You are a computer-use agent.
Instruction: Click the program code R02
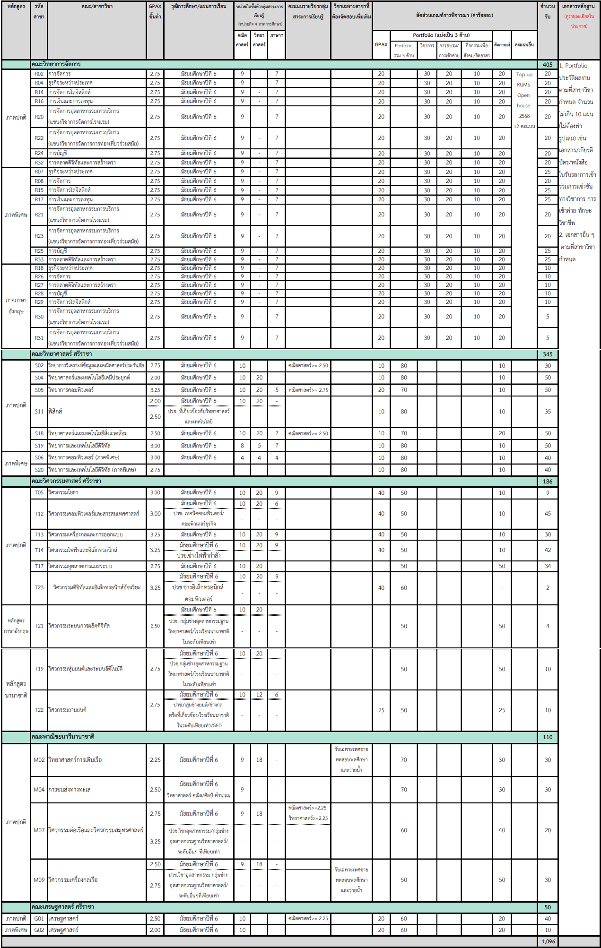(39, 74)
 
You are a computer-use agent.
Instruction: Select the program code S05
(39, 390)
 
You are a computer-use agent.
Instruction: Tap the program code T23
(39, 587)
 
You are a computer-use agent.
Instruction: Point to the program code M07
(39, 830)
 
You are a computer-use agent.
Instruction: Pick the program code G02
(39, 930)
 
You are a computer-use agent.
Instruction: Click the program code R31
(39, 338)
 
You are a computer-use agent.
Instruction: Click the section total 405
(548, 64)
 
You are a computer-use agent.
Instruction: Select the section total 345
(548, 354)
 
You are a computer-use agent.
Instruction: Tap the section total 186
(548, 481)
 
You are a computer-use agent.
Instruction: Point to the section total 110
(548, 737)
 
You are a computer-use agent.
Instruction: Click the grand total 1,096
(548, 941)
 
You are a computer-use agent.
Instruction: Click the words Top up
(524, 75)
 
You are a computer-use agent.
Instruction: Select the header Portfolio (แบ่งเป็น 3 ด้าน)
(441, 35)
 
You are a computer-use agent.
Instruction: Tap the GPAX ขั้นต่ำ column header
(155, 11)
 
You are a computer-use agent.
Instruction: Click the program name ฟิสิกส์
(55, 411)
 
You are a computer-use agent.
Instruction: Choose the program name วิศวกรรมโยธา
(63, 492)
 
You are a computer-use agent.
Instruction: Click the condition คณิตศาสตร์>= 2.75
(308, 390)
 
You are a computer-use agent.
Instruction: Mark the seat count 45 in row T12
(548, 514)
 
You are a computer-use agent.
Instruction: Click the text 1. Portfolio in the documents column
(573, 66)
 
